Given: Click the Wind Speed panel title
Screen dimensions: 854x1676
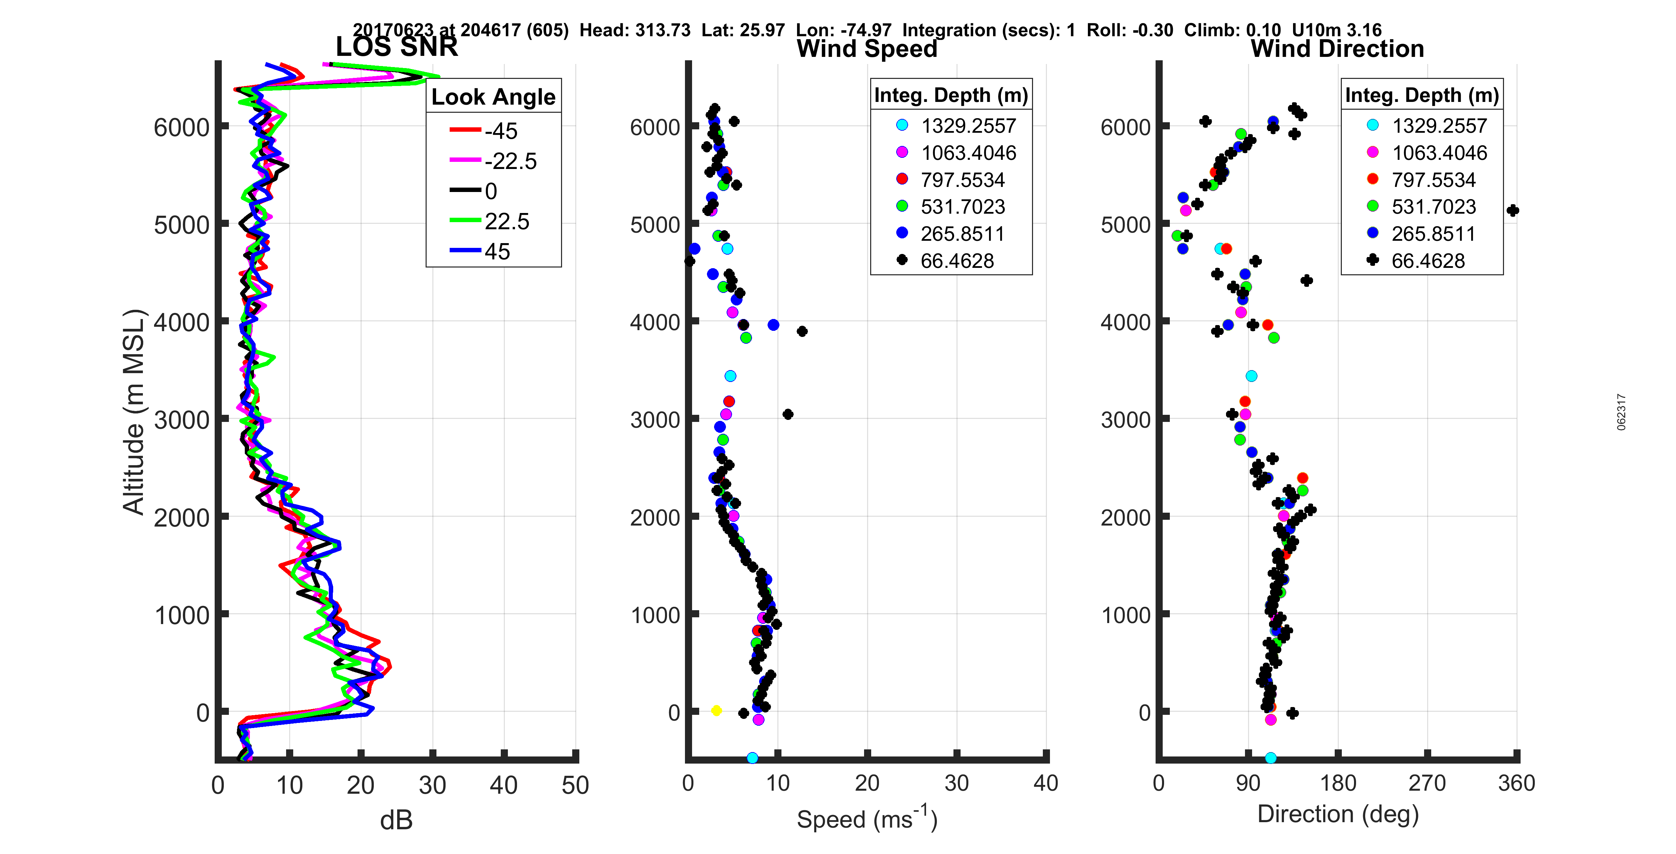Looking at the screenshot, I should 867,49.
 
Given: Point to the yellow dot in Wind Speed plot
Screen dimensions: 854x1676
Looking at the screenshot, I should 716,710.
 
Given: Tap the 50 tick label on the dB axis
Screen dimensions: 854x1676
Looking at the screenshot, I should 575,785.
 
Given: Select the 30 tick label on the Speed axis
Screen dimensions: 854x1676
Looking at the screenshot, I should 957,783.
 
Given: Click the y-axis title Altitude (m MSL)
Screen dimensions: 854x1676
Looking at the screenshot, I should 134,412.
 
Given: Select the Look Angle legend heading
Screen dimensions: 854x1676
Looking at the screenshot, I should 493,97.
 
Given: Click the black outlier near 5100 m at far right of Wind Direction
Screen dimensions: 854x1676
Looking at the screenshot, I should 1513,210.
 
